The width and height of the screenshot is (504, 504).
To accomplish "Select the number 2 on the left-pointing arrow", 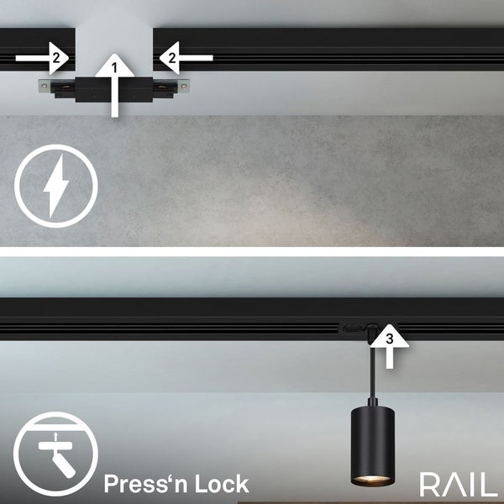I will pyautogui.click(x=171, y=58).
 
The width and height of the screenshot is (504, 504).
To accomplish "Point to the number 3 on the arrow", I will pyautogui.click(x=388, y=339).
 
